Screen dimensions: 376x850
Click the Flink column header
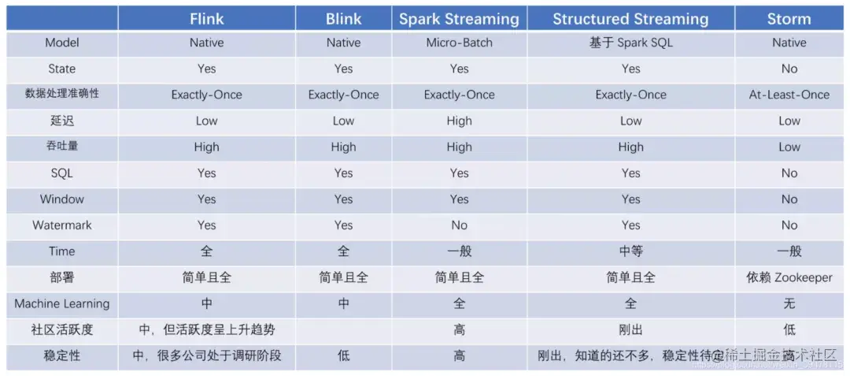[206, 19]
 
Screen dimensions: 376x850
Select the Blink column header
[343, 19]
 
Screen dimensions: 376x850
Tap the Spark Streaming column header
[459, 19]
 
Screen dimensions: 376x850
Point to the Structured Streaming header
[630, 19]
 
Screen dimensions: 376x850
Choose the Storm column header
[789, 19]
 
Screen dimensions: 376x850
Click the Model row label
[62, 43]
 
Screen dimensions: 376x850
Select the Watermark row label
[62, 225]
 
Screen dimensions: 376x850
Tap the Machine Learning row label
[62, 303]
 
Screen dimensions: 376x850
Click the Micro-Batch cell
[459, 43]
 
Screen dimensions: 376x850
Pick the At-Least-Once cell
[789, 95]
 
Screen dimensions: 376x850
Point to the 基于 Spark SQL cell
[630, 43]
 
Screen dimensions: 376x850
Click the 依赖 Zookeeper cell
[789, 277]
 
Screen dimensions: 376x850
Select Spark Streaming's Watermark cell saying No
[459, 225]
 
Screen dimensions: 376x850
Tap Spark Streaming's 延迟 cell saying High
[459, 121]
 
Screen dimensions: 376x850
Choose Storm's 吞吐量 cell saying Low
[789, 147]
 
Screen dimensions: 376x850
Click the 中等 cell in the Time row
[630, 251]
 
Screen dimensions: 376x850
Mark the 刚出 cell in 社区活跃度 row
[630, 329]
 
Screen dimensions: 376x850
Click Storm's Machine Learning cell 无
[789, 303]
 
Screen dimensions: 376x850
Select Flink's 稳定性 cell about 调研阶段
[206, 356]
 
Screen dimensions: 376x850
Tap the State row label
[62, 69]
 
